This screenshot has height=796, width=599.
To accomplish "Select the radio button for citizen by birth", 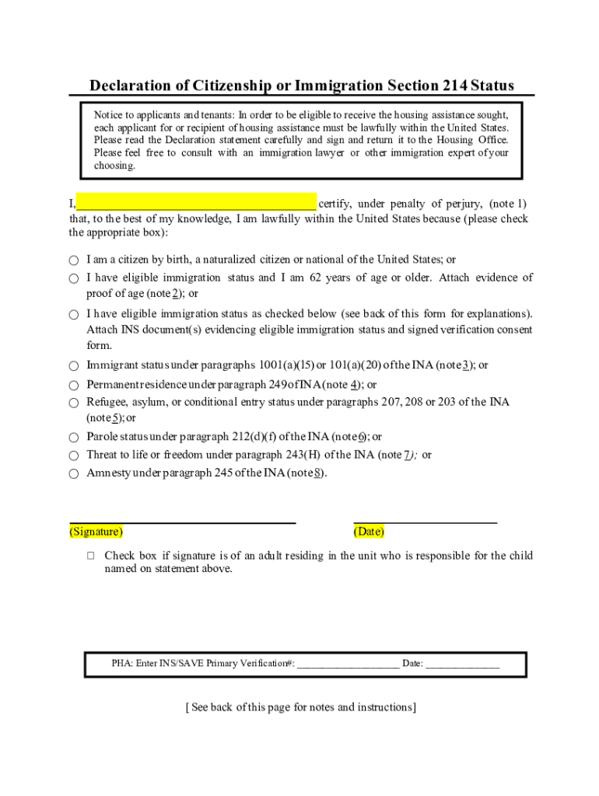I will (x=73, y=260).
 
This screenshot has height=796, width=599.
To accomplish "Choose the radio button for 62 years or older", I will (x=73, y=278).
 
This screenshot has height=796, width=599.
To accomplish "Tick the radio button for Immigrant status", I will (x=73, y=365).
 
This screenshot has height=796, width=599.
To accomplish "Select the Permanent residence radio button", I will (x=73, y=386).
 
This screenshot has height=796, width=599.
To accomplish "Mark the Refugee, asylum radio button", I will (x=73, y=403).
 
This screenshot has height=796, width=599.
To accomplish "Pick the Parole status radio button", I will (x=73, y=438).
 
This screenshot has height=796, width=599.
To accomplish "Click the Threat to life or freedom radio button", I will (x=73, y=456).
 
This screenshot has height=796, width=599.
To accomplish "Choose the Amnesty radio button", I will (x=73, y=473).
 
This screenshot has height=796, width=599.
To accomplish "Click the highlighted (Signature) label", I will (x=96, y=532).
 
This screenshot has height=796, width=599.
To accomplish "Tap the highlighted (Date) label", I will (x=369, y=532).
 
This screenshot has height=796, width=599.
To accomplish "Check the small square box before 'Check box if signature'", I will (x=91, y=556).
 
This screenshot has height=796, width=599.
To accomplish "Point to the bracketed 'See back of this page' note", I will (x=301, y=707).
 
